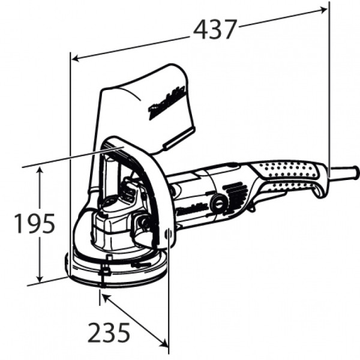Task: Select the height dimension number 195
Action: click(x=35, y=224)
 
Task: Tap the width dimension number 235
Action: click(x=109, y=332)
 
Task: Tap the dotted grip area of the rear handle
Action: click(x=288, y=173)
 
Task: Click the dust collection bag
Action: click(x=147, y=108)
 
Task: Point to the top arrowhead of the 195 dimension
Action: click(x=40, y=170)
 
